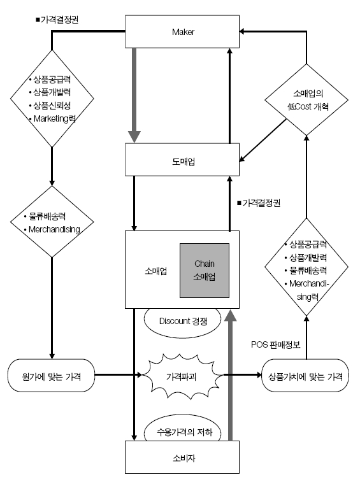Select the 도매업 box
pos(182,160)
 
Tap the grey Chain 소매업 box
pos(205,271)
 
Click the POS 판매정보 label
pos(278,344)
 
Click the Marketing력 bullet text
pos(54,118)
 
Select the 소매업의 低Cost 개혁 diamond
pos(307,99)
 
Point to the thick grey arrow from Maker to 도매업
pos(134,96)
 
